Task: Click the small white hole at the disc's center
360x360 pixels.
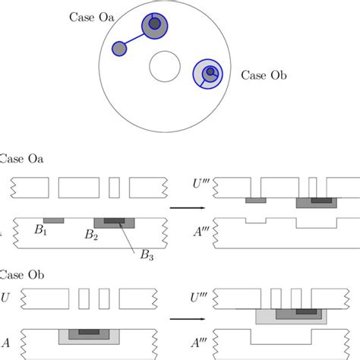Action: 166,66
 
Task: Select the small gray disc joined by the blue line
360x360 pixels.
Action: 119,49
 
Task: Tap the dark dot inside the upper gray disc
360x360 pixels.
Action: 154,24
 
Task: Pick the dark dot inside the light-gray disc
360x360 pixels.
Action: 211,73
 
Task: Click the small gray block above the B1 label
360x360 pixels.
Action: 53,220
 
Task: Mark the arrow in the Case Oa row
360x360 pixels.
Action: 179,207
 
